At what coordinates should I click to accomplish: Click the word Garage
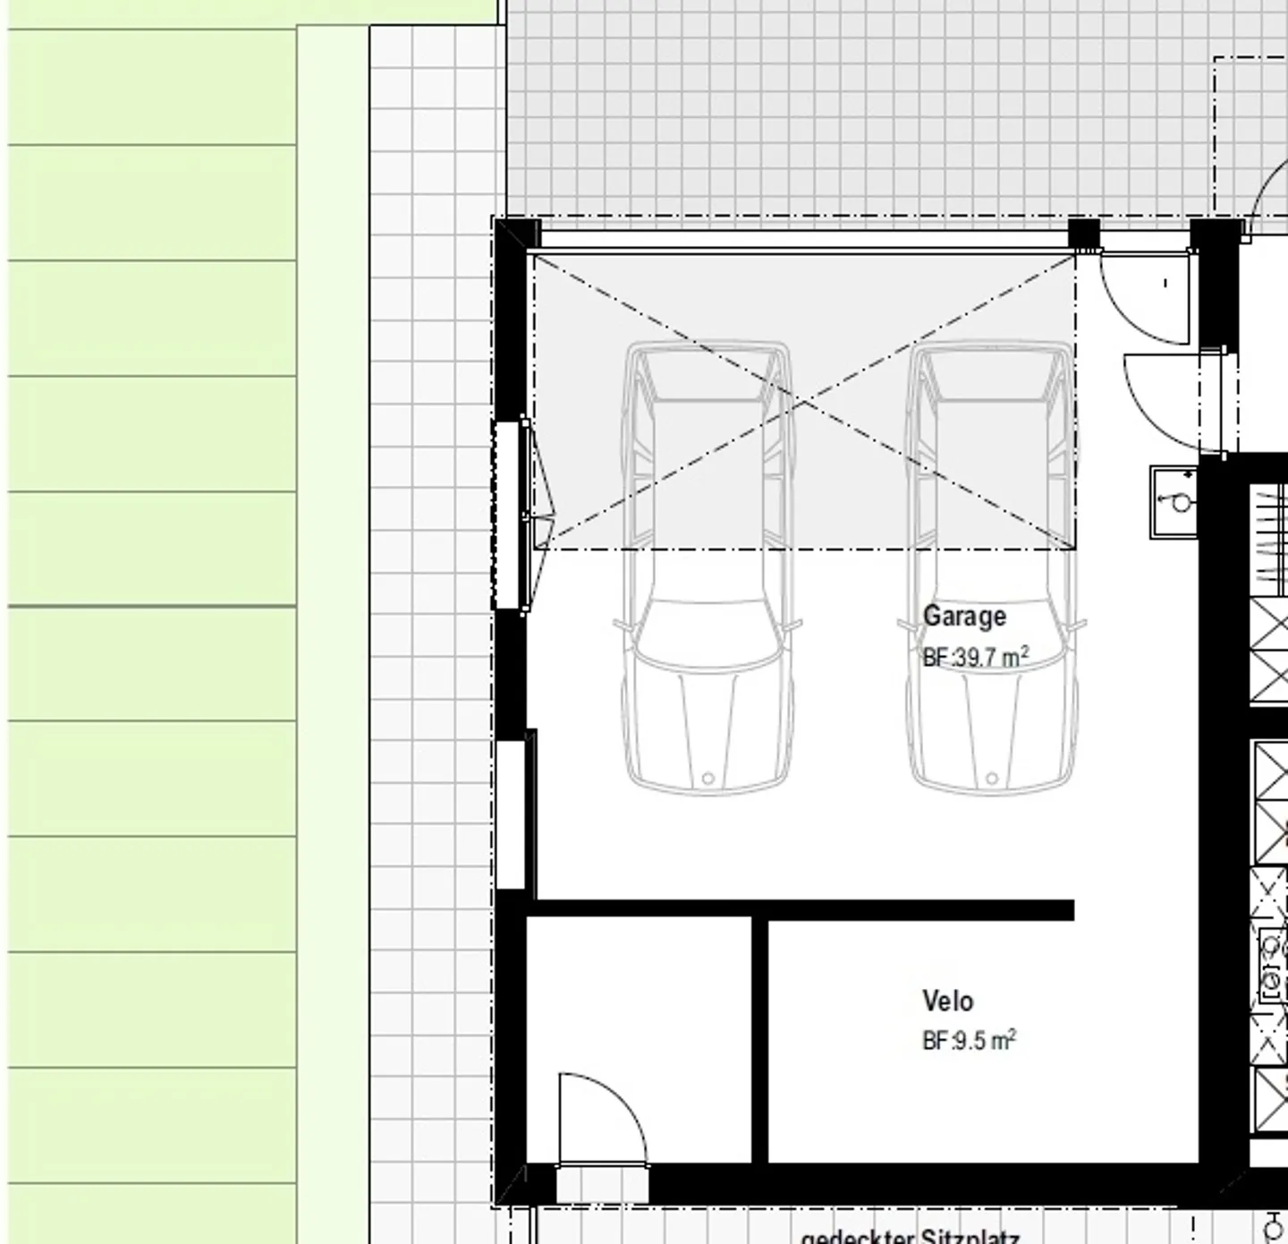tap(964, 617)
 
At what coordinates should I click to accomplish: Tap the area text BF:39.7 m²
tap(975, 658)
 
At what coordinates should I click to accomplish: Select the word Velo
tap(947, 1001)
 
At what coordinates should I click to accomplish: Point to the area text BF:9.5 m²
tap(969, 1042)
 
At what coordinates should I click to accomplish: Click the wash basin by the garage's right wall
tap(1174, 502)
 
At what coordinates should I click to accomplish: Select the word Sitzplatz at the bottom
tap(970, 1237)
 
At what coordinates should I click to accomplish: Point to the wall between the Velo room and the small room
tap(759, 1038)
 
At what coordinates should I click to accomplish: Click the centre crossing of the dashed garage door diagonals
tap(804, 403)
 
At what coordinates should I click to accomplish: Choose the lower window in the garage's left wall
tap(510, 814)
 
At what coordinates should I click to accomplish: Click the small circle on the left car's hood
tap(708, 779)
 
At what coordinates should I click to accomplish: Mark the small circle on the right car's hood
tap(991, 779)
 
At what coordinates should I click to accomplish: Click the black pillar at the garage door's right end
tap(1084, 234)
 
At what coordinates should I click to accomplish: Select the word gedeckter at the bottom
tap(857, 1238)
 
